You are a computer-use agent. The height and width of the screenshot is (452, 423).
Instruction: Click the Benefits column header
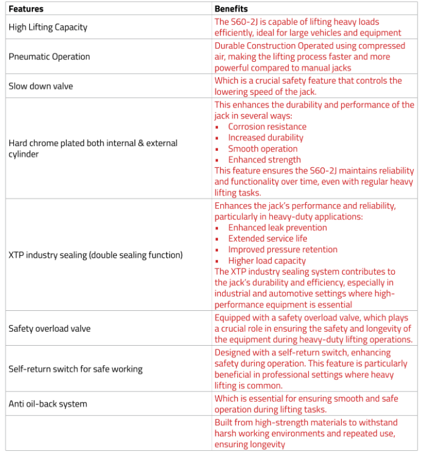pyautogui.click(x=231, y=9)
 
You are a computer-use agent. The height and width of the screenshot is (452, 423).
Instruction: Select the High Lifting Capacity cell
pyautogui.click(x=48, y=27)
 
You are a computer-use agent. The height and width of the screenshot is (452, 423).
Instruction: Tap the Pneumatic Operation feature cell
pyautogui.click(x=49, y=57)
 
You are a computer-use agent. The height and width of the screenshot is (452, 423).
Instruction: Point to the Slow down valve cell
pyautogui.click(x=40, y=86)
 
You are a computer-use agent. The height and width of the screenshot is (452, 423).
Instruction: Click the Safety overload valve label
pyautogui.click(x=49, y=329)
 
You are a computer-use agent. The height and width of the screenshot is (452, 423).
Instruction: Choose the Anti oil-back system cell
pyautogui.click(x=48, y=404)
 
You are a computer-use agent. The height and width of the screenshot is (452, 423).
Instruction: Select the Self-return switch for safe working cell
pyautogui.click(x=75, y=369)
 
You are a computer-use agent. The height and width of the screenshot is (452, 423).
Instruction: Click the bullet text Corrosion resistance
pyautogui.click(x=267, y=127)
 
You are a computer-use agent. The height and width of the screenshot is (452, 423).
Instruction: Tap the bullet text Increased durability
pyautogui.click(x=266, y=138)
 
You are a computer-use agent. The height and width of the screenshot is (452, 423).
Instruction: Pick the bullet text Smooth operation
pyautogui.click(x=263, y=149)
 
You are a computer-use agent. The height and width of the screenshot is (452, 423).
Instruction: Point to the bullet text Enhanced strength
pyautogui.click(x=264, y=160)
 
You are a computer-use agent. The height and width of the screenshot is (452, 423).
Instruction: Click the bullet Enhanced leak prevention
pyautogui.click(x=278, y=228)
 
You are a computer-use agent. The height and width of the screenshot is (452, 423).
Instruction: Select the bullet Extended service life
pyautogui.click(x=268, y=239)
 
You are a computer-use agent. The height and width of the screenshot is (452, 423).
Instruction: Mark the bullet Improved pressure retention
pyautogui.click(x=283, y=250)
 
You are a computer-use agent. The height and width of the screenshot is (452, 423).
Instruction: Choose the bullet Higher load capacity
pyautogui.click(x=267, y=261)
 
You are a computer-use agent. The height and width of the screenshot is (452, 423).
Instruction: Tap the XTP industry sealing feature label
pyautogui.click(x=95, y=255)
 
